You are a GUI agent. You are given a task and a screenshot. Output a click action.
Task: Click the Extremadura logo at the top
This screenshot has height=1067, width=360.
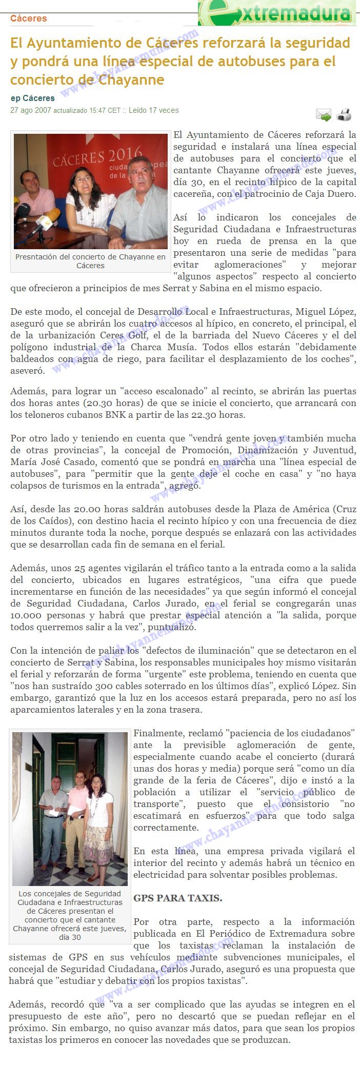click(277, 13)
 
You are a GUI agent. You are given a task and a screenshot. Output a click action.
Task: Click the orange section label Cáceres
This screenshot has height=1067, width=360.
click(28, 18)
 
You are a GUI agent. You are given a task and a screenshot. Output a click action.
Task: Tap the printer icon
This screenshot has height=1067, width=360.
click(344, 115)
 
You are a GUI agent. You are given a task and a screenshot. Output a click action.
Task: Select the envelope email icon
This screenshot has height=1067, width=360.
click(323, 115)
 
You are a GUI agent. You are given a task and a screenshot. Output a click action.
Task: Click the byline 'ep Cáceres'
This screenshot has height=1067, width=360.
click(32, 98)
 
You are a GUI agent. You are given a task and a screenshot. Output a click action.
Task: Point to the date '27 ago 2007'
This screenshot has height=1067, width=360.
click(31, 110)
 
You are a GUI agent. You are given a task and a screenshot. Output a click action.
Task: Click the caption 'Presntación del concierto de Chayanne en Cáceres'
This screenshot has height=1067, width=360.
click(90, 261)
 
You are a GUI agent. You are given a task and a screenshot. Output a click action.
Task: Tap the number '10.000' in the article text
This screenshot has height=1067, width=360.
click(25, 615)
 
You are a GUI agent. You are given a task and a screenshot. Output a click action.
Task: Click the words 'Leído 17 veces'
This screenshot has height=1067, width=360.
click(153, 110)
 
